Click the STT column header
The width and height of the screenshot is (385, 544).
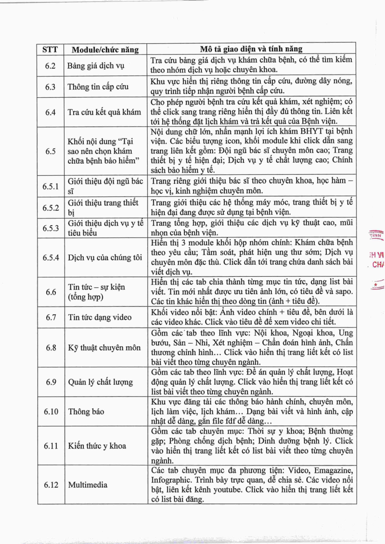pos(50,49)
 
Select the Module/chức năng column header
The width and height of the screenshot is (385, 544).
pos(105,49)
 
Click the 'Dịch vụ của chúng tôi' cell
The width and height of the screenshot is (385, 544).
pos(105,257)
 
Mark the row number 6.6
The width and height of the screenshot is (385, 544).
pos(51,292)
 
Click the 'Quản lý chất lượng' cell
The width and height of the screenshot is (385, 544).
pos(101,382)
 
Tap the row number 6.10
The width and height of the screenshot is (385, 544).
pos(51,412)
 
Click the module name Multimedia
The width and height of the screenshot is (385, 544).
pos(88,484)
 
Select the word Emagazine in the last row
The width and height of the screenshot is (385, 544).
pos(332,469)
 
